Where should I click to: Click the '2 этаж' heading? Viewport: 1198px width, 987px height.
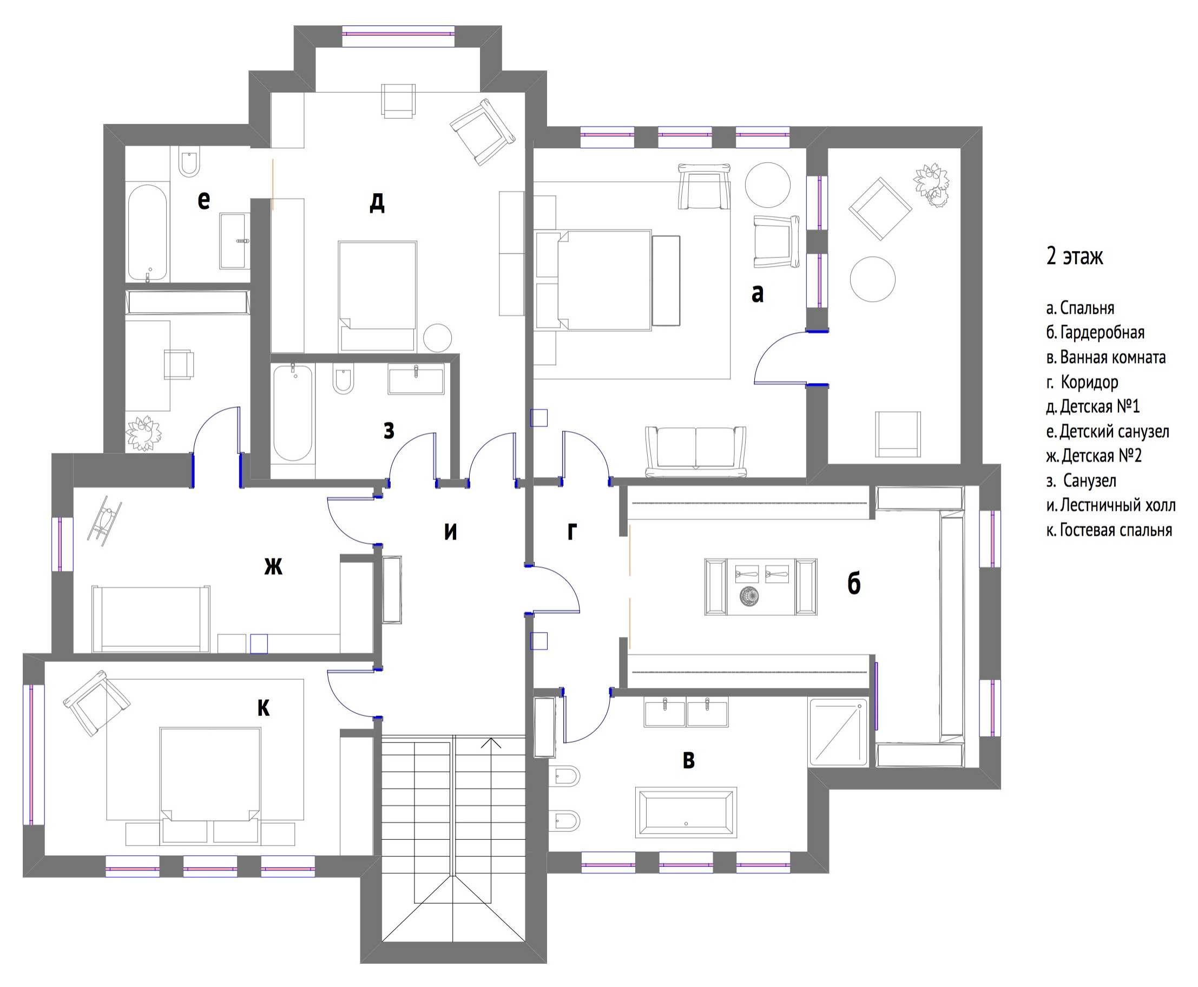coord(1074,256)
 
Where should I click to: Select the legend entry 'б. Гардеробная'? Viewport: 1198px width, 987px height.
coord(1095,333)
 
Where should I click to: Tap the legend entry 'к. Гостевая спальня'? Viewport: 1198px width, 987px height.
coord(1109,530)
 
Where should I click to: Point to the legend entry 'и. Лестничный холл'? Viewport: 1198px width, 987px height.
coord(1111,505)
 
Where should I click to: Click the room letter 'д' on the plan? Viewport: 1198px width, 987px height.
coord(377,201)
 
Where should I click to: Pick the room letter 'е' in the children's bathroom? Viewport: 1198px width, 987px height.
coord(203,200)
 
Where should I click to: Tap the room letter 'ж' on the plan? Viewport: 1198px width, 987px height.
coord(273,566)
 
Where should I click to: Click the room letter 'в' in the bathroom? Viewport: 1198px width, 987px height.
coord(688,760)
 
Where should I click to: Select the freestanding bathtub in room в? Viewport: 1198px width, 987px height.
coord(686,812)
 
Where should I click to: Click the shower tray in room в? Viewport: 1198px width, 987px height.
coord(839,732)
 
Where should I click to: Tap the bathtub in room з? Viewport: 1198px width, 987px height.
coord(293,413)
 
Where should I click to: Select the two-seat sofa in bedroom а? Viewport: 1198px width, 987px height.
coord(696,451)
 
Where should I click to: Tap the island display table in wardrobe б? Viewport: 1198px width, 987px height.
coord(761,586)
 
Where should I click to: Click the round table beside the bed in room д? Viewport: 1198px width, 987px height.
coord(437,338)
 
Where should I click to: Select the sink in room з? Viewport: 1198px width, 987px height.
coord(416,379)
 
